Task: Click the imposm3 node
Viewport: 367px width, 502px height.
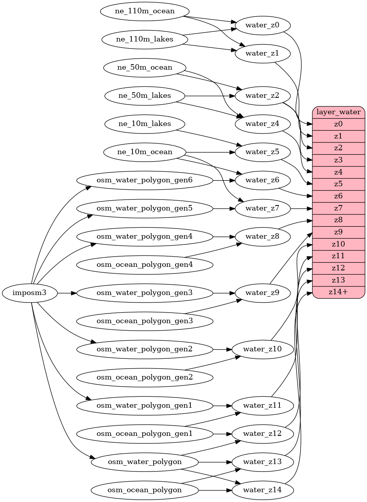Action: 30,293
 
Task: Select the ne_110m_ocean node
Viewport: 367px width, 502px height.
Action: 145,11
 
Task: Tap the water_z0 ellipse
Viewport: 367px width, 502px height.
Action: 262,26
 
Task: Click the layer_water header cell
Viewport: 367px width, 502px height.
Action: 338,112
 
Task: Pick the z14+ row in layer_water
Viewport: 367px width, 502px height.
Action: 338,292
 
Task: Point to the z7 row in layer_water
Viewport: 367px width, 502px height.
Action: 338,208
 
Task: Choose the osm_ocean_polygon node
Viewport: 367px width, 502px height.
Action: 145,490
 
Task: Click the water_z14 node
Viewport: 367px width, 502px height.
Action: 262,490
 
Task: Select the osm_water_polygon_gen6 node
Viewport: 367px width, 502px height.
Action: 145,180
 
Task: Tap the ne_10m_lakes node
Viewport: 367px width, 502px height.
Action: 145,124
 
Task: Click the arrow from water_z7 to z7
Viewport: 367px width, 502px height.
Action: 301,209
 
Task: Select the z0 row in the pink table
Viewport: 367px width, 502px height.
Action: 338,124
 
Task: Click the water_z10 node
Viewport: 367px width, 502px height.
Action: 262,349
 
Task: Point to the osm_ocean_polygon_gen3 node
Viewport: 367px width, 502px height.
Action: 145,321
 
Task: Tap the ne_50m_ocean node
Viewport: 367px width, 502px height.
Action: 145,68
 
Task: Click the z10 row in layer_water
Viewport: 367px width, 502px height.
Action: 338,244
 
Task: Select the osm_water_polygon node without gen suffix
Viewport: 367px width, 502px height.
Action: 145,462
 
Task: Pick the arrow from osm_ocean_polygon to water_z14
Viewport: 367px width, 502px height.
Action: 215,490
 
